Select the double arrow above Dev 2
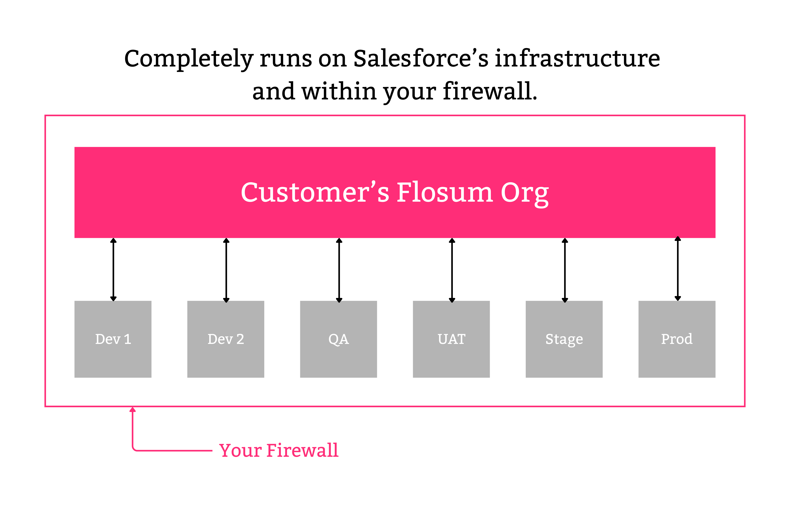[x=226, y=269]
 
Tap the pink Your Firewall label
[x=279, y=450]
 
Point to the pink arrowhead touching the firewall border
[x=133, y=410]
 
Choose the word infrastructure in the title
[x=577, y=58]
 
